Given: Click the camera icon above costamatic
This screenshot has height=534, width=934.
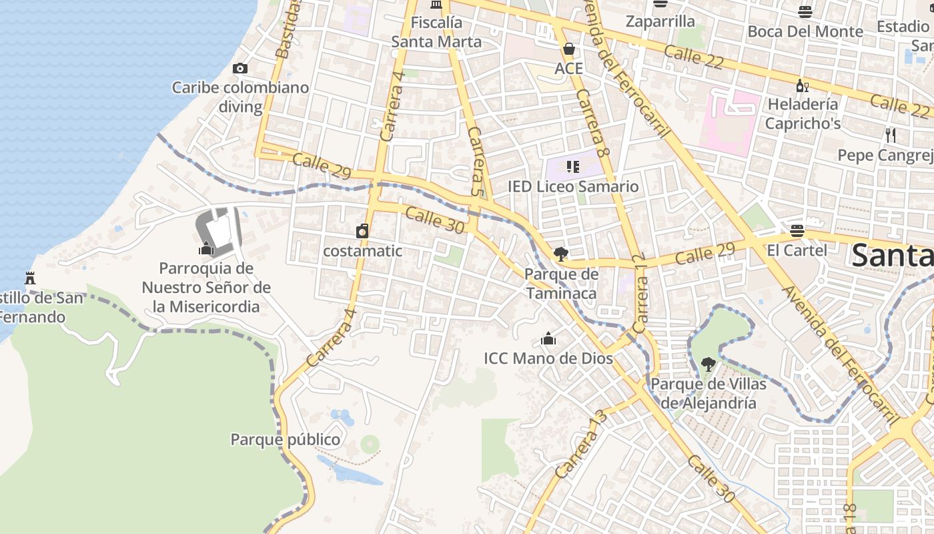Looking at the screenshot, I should tap(362, 232).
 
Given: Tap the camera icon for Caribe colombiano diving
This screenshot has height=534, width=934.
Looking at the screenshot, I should tap(240, 68).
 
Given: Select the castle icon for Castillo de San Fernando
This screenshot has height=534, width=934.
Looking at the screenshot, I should tap(30, 277).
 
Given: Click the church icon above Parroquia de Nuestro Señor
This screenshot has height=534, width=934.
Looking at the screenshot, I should tap(206, 249).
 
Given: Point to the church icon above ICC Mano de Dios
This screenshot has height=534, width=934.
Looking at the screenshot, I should tap(548, 338).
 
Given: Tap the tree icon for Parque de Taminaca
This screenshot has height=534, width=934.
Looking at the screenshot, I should tap(560, 254).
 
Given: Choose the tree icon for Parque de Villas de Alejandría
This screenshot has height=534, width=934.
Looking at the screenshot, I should tap(709, 364).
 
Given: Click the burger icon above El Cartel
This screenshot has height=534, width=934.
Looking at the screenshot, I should tap(797, 231).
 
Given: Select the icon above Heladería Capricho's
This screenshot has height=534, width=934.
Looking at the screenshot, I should tap(802, 85).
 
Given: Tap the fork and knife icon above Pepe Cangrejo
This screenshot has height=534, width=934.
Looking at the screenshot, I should tap(891, 136).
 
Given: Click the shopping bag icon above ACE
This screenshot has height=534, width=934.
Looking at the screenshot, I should tap(569, 49).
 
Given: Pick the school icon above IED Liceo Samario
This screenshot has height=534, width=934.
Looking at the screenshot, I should tap(572, 166).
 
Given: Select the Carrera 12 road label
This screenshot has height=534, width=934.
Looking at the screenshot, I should tap(641, 294).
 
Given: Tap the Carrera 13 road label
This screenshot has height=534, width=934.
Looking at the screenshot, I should tap(581, 444).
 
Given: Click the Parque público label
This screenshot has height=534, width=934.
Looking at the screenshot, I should tap(286, 439).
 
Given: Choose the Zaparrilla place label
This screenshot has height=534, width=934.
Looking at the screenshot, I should tap(660, 21).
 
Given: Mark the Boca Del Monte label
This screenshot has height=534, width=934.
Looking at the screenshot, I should tap(805, 31).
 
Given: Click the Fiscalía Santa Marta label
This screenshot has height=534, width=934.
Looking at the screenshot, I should tap(436, 32).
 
